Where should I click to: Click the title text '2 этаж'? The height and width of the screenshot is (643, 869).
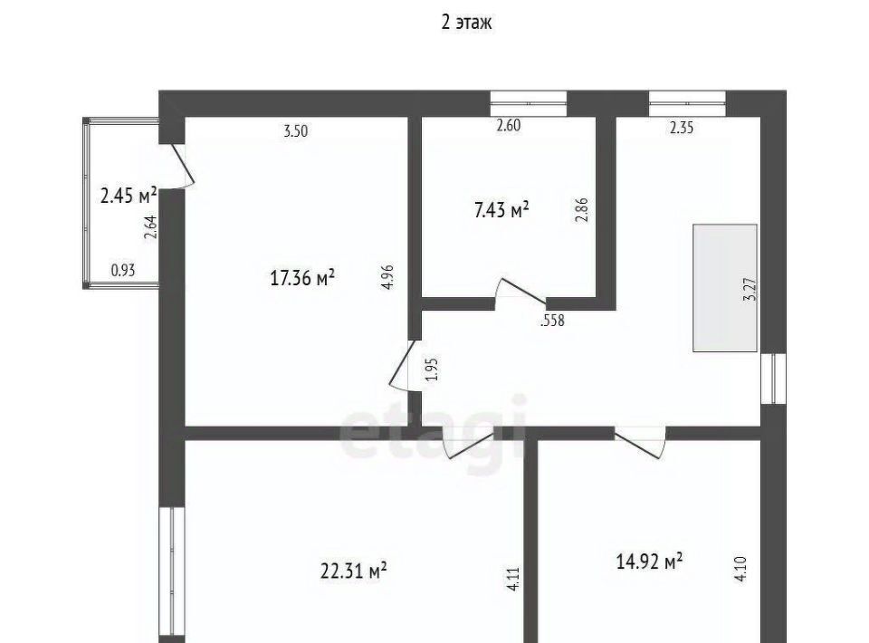click(x=466, y=23)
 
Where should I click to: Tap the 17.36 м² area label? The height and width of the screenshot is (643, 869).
click(x=302, y=277)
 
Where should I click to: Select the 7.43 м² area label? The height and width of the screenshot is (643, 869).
click(x=502, y=210)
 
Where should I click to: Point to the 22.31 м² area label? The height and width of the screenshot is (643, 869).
click(x=354, y=571)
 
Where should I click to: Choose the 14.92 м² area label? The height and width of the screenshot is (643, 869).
click(x=650, y=561)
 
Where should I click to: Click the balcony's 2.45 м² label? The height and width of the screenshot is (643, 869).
click(x=129, y=196)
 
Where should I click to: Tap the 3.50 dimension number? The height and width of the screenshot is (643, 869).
click(x=295, y=132)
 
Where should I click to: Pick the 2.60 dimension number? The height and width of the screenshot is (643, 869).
click(x=508, y=125)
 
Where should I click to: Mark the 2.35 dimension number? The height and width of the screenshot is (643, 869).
click(x=681, y=128)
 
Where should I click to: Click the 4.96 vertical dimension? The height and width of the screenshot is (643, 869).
click(x=388, y=276)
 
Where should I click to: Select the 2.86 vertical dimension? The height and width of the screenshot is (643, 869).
click(x=582, y=210)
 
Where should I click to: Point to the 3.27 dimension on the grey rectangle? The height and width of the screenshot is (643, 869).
click(x=751, y=289)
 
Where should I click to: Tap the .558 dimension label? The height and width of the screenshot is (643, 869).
click(x=552, y=321)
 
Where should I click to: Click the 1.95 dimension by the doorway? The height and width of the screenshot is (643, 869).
click(x=434, y=369)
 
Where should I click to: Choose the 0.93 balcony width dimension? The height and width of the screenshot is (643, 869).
click(x=123, y=271)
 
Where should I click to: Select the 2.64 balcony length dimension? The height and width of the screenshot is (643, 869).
click(x=151, y=226)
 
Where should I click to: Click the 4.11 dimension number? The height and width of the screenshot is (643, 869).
click(x=514, y=579)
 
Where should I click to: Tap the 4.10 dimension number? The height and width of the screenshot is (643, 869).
click(x=741, y=569)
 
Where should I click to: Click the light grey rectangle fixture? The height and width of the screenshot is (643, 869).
click(x=725, y=288)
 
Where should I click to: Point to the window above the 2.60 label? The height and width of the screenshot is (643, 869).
click(x=529, y=103)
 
